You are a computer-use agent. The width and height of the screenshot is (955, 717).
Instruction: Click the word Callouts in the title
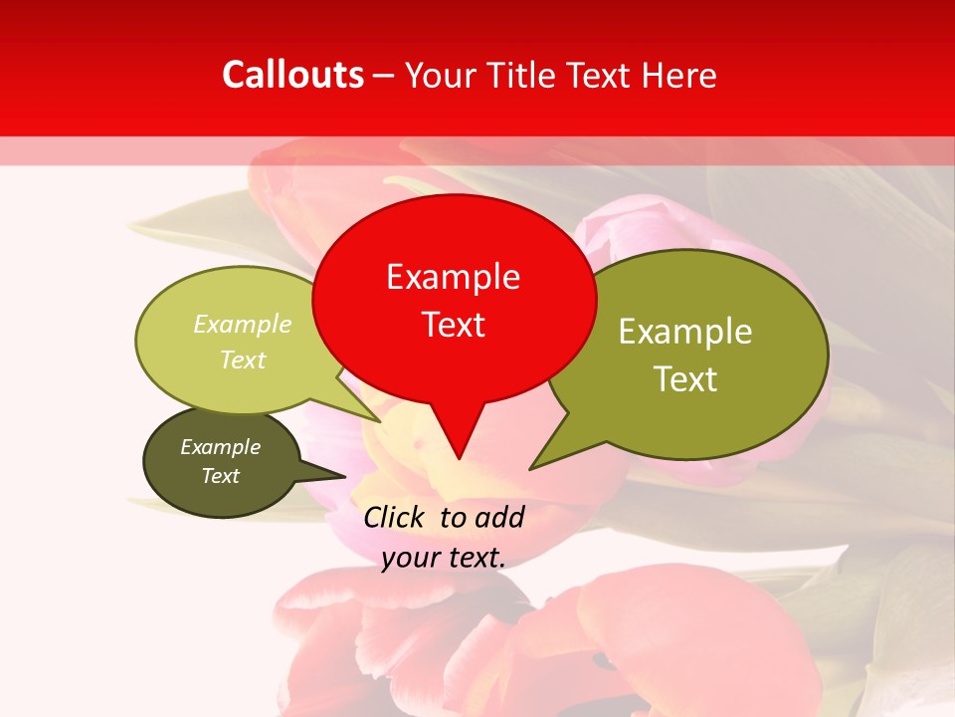click(293, 75)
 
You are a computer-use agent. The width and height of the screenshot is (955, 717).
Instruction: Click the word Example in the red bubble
click(454, 277)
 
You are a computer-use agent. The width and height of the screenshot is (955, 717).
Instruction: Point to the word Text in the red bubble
click(454, 325)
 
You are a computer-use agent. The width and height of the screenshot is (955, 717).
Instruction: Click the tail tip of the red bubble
click(459, 457)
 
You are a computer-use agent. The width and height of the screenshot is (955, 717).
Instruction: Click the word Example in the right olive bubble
click(685, 332)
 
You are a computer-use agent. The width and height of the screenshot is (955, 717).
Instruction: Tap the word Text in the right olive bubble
click(685, 379)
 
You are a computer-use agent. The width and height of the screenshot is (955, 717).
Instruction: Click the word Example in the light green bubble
click(243, 325)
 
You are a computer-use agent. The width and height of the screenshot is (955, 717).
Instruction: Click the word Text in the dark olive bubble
click(221, 476)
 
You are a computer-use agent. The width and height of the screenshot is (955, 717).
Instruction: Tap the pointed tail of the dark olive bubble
click(342, 475)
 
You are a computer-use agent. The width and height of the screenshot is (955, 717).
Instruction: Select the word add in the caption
click(499, 517)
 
